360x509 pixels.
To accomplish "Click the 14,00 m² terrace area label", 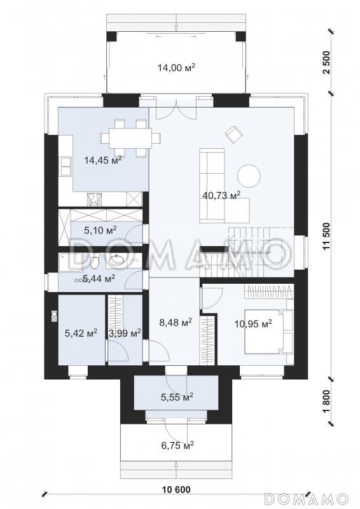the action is [176, 67].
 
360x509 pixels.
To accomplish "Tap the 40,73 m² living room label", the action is [221, 195].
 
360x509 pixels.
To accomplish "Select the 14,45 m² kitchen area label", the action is [103, 160].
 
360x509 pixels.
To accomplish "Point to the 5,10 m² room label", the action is [100, 230].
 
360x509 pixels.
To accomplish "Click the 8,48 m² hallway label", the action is [176, 323].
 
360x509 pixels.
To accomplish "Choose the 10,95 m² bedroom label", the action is [253, 323].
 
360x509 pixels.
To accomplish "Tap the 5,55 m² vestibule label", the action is [177, 396].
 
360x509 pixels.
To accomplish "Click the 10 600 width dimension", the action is [176, 489].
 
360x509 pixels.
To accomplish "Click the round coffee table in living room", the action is [249, 176].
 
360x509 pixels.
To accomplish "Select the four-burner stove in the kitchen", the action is [95, 199].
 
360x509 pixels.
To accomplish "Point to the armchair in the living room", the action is [233, 134].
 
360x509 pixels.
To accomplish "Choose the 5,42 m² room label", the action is [81, 333].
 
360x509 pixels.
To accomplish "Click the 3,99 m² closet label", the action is [125, 333].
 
